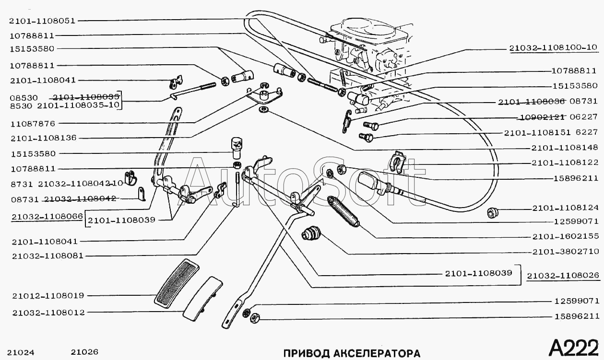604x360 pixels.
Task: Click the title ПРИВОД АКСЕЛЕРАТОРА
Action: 351,353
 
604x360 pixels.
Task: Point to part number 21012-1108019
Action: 48,296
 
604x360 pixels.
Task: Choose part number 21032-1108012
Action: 48,313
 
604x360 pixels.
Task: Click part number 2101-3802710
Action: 565,251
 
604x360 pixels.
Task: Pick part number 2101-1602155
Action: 565,236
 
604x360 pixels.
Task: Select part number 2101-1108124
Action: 565,208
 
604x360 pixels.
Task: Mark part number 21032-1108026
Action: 563,276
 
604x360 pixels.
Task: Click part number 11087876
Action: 32,123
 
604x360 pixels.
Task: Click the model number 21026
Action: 84,352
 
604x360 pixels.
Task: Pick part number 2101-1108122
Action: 565,163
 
